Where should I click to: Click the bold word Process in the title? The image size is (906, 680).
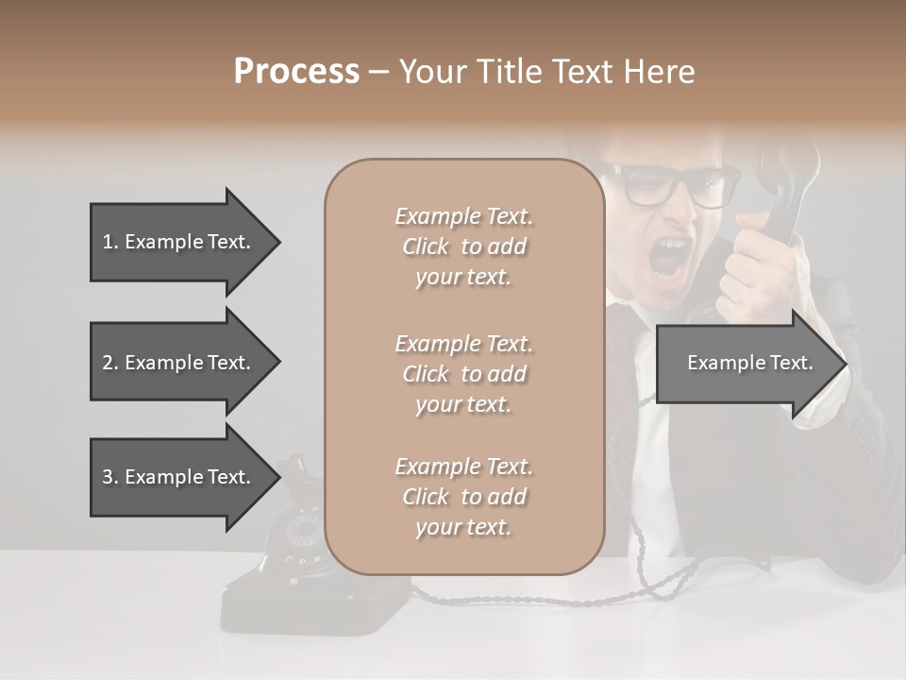click(x=296, y=71)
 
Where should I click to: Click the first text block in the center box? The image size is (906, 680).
click(x=463, y=246)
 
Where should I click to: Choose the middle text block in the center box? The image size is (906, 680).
click(x=463, y=374)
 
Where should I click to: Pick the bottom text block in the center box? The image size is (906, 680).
click(x=463, y=497)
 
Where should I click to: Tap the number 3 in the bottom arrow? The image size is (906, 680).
click(x=108, y=477)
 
